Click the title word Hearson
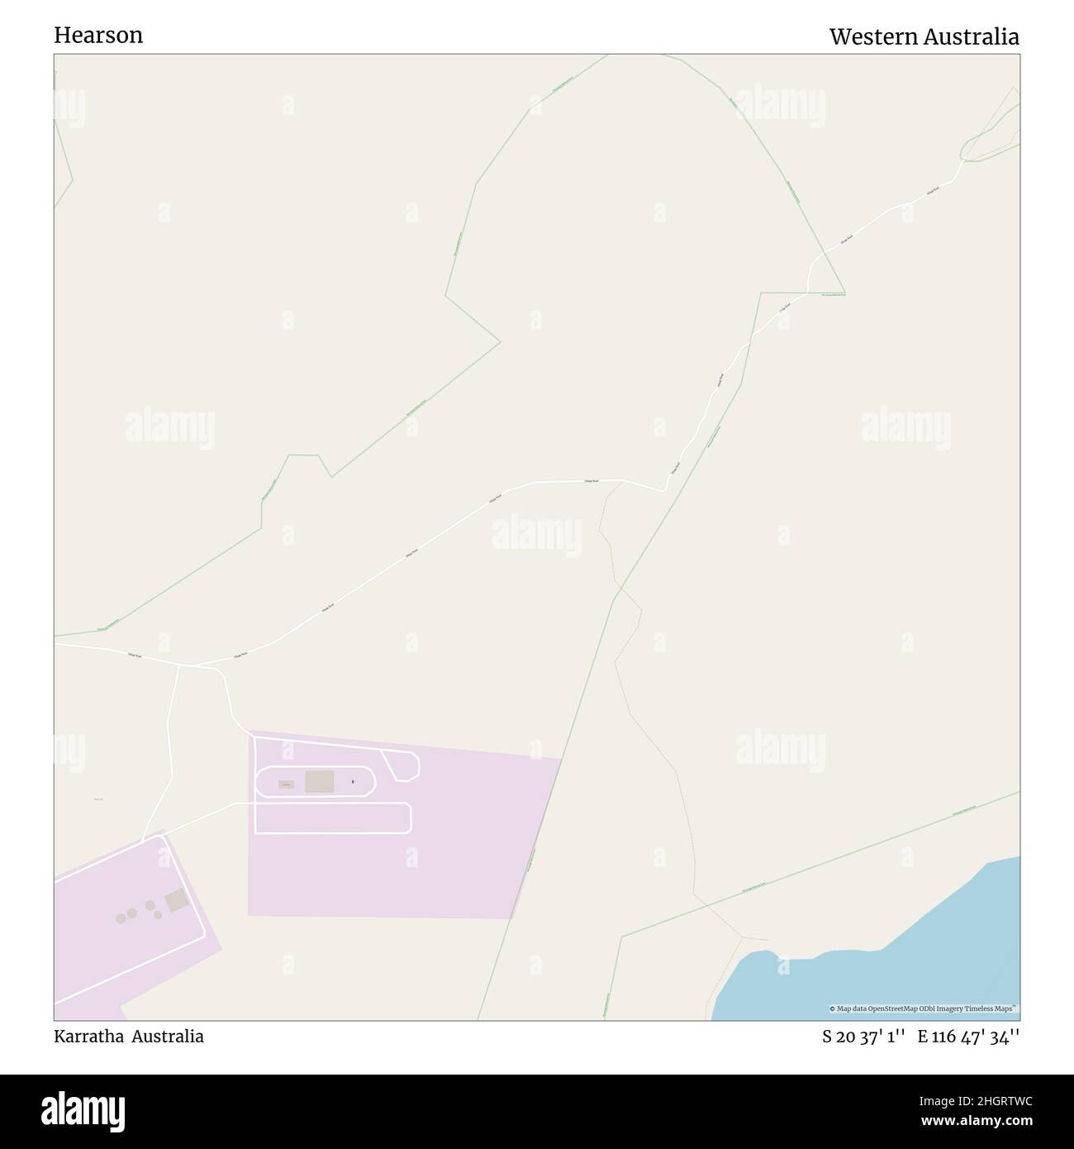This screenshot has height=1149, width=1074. [98, 35]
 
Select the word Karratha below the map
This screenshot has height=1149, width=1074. [88, 1036]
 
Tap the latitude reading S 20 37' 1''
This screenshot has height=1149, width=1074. [863, 1036]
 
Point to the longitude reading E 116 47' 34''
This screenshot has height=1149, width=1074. [967, 1036]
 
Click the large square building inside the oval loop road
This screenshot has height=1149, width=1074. [320, 782]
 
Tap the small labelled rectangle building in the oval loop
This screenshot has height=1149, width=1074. [286, 784]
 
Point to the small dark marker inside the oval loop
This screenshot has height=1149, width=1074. [353, 781]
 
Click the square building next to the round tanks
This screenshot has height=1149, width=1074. [176, 901]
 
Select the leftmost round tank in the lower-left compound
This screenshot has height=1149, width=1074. [121, 918]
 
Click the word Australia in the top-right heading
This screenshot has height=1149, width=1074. [974, 36]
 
